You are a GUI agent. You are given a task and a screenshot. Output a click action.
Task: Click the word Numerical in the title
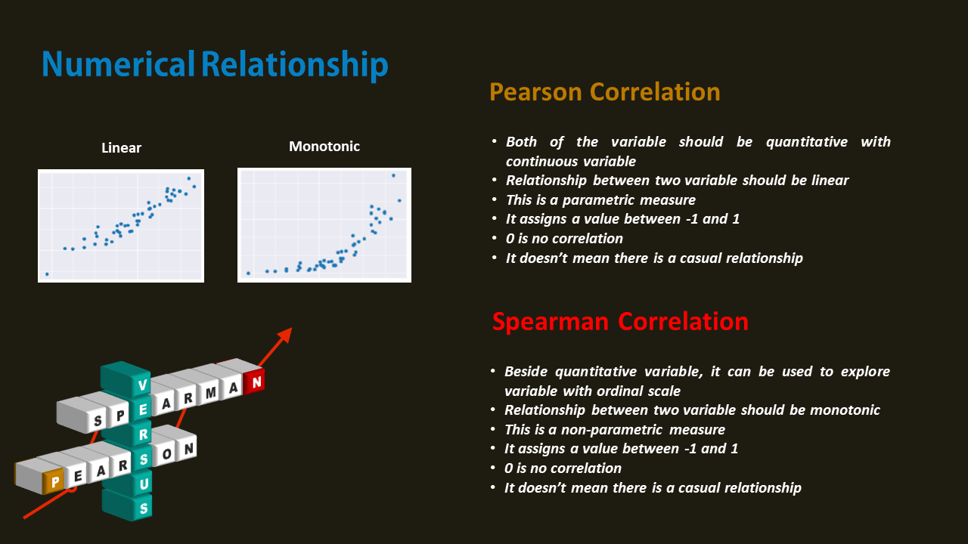[119, 65]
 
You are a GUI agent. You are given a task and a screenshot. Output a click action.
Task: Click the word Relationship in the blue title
[294, 65]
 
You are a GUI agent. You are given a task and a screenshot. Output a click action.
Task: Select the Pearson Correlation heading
[604, 92]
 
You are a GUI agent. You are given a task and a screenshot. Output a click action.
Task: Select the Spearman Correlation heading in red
[619, 321]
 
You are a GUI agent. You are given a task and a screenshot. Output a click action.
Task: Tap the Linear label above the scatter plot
[121, 148]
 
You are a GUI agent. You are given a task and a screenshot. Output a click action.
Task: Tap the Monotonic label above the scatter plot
[324, 147]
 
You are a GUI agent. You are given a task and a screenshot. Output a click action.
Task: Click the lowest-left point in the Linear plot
[47, 274]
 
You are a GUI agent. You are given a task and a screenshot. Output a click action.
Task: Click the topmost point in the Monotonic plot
[393, 176]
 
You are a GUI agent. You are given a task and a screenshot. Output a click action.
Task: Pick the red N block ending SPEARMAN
[256, 382]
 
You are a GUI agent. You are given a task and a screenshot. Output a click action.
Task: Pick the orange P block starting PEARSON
[54, 480]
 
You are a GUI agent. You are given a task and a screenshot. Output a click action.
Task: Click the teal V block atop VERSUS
[142, 385]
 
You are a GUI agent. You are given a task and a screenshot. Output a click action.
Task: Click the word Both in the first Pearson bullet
[522, 142]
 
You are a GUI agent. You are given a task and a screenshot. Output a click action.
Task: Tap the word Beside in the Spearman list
[526, 372]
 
